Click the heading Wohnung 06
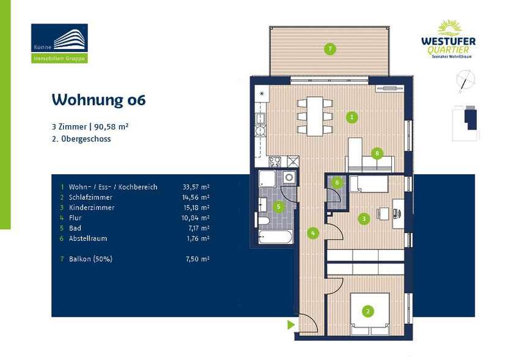(98, 100)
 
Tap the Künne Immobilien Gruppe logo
(59, 43)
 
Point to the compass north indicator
(466, 80)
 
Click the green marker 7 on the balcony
(330, 49)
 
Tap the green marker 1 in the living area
(352, 117)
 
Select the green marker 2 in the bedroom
(368, 312)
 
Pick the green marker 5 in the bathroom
(279, 207)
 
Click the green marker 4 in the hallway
(313, 233)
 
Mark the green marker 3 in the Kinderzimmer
(364, 218)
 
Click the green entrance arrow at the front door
(291, 325)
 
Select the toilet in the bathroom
(263, 221)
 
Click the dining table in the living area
(315, 116)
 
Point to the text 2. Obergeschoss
(81, 139)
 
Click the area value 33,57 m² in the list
(196, 187)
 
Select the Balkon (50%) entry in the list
(91, 259)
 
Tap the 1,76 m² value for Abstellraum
(197, 238)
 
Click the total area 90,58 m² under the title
(111, 127)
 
